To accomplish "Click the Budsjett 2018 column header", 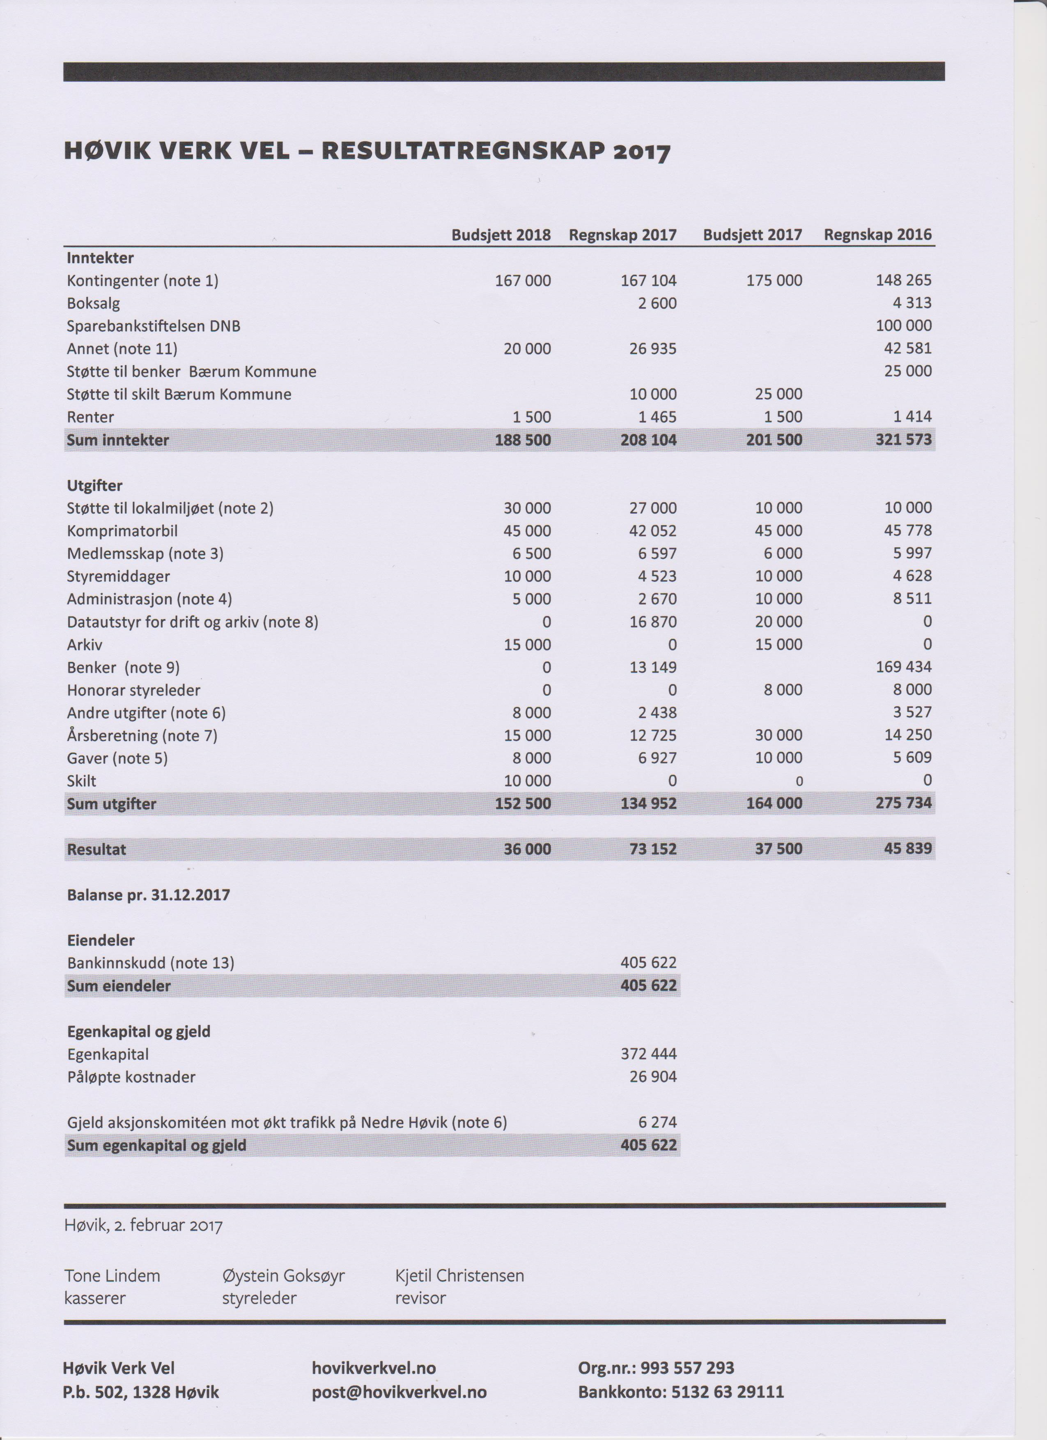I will (501, 235).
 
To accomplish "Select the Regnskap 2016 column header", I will (877, 235).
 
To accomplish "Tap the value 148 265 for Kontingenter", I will (904, 280).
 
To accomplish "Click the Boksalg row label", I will (93, 303).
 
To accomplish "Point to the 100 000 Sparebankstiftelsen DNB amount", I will (904, 326).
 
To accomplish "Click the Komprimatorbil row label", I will (122, 531).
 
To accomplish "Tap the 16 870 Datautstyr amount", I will (653, 622).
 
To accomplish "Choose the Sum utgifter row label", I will (111, 804).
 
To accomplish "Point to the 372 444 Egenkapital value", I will (648, 1054).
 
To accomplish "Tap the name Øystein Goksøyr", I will (283, 1276).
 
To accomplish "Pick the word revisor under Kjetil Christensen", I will (420, 1298).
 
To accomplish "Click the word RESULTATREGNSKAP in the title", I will (462, 151).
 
